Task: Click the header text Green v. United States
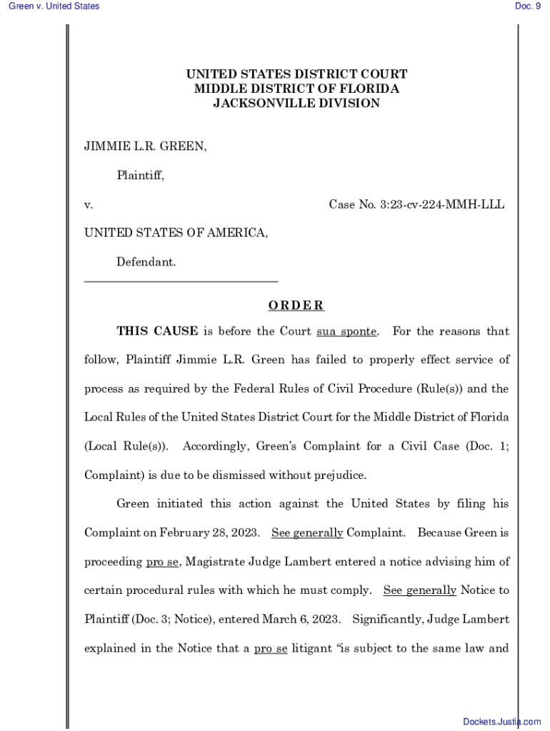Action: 54,6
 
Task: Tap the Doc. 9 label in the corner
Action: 527,6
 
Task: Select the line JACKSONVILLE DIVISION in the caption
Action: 296,104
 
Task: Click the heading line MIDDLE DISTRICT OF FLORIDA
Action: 296,89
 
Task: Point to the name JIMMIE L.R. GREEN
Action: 146,147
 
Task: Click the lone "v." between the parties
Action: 89,205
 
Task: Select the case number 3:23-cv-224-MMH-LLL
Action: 442,205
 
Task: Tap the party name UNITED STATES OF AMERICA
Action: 176,233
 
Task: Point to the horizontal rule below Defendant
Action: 181,281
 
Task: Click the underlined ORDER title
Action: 296,306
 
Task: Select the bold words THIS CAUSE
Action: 157,331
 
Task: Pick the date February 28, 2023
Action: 214,533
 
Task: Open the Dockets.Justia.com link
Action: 501,722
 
